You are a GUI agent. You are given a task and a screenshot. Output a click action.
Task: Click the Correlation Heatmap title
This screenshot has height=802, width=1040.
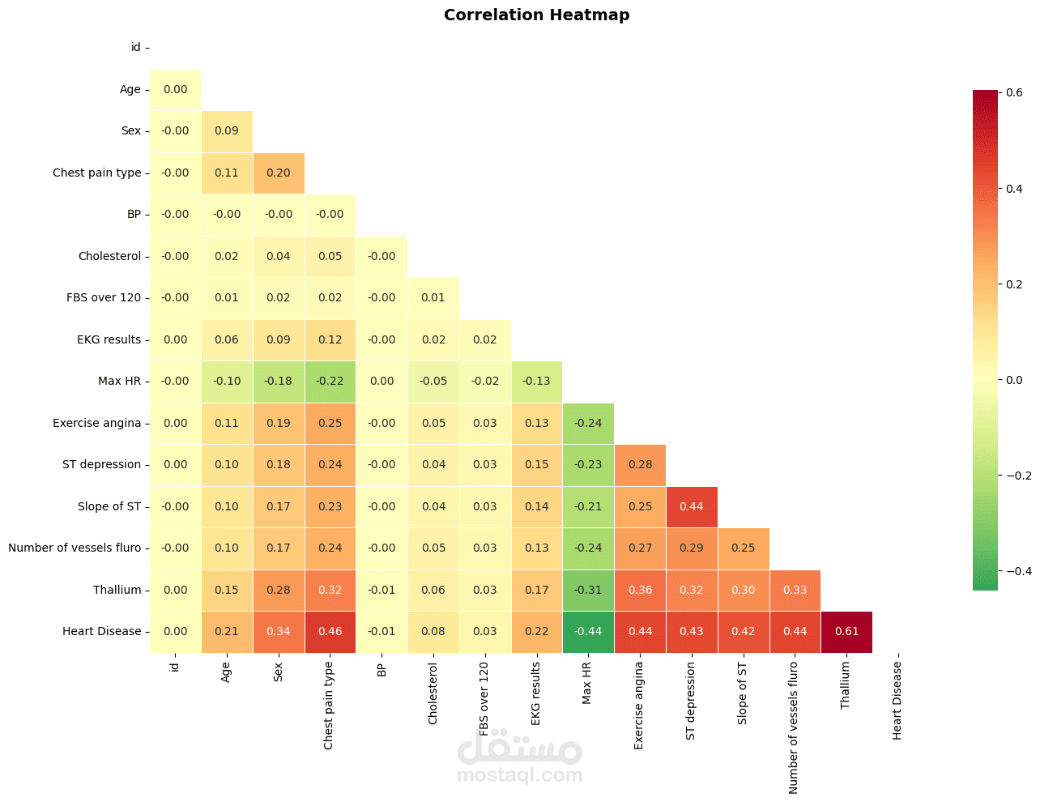(x=536, y=15)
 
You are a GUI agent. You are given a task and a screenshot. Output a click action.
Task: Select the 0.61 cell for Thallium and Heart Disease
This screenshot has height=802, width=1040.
(x=846, y=631)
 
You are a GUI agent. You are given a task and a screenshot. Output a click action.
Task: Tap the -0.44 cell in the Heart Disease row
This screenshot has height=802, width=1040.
(x=588, y=631)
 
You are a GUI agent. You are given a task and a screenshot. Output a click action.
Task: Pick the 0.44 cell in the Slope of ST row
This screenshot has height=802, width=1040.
(x=691, y=506)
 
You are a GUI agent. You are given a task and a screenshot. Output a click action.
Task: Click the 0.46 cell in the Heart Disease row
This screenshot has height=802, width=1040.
(x=330, y=631)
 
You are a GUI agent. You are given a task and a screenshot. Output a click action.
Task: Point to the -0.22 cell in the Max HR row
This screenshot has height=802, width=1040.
(x=330, y=381)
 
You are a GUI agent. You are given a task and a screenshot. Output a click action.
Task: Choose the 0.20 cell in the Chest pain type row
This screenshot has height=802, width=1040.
(x=278, y=173)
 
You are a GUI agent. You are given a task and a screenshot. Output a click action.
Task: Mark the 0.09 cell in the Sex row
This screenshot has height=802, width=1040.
(x=227, y=130)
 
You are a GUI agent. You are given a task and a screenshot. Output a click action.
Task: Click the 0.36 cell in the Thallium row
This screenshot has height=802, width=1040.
(x=640, y=590)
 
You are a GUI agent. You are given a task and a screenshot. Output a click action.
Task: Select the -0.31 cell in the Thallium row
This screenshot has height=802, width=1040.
(x=588, y=590)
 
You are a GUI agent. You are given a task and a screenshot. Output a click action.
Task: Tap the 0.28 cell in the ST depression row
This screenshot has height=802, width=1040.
(x=640, y=464)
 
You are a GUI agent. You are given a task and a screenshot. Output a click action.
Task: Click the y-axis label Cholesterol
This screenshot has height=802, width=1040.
(x=109, y=256)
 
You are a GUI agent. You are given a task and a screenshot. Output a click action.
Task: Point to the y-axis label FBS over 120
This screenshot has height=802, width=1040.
(x=104, y=297)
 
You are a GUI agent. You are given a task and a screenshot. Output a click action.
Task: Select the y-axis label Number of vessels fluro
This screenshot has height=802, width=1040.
(x=75, y=548)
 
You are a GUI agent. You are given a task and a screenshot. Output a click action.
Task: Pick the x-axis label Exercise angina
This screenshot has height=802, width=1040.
(x=639, y=705)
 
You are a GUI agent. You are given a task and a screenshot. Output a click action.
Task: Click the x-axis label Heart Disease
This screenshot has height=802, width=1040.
(x=897, y=701)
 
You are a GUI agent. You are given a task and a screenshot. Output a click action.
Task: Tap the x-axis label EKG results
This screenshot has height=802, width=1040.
(x=536, y=693)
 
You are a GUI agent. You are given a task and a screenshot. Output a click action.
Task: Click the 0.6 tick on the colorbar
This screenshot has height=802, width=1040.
(x=1014, y=92)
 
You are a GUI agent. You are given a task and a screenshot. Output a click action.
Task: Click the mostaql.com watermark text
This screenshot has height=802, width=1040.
(x=519, y=775)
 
